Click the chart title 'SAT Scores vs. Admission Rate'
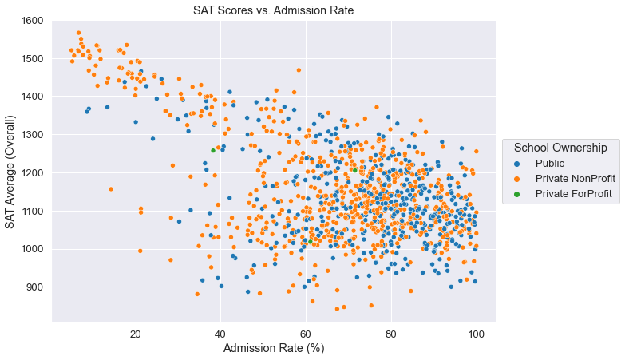[x=273, y=10]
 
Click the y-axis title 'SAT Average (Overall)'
[x=10, y=171]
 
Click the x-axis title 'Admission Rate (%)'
[x=273, y=348]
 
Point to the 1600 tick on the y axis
[x=32, y=21]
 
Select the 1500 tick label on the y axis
[x=32, y=59]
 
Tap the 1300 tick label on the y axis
[x=32, y=135]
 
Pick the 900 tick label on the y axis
[x=35, y=287]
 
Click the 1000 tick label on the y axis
[x=32, y=249]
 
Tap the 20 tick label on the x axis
[x=135, y=331]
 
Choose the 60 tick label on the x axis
[x=306, y=331]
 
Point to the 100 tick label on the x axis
[x=477, y=331]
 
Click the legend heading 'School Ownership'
[x=566, y=148]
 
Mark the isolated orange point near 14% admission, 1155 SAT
[x=111, y=189]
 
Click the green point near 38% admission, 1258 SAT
[x=213, y=150]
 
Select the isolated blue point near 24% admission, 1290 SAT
[x=152, y=138]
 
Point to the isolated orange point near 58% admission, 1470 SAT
[x=299, y=70]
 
